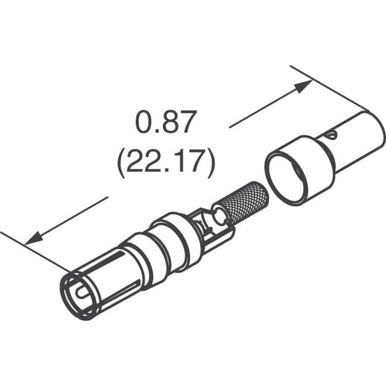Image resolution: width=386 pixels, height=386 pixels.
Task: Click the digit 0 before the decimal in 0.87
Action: (144, 123)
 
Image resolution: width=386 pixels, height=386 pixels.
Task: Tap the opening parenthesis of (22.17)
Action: (120, 163)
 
